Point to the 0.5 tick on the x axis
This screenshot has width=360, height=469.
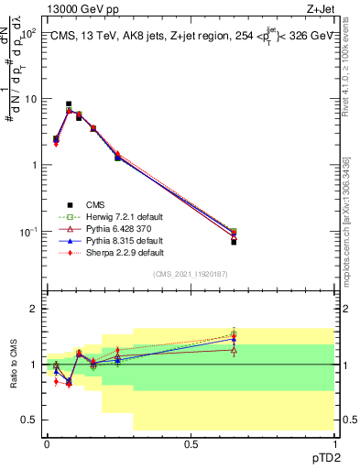click(x=191, y=442)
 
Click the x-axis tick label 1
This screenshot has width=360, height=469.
click(x=334, y=442)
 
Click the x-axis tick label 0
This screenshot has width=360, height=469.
click(x=47, y=442)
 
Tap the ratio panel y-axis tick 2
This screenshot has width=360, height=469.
click(x=34, y=310)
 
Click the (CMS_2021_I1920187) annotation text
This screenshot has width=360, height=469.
click(x=191, y=274)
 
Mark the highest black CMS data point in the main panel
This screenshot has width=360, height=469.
click(x=69, y=104)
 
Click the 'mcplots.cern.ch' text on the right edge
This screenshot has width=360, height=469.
click(x=347, y=247)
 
